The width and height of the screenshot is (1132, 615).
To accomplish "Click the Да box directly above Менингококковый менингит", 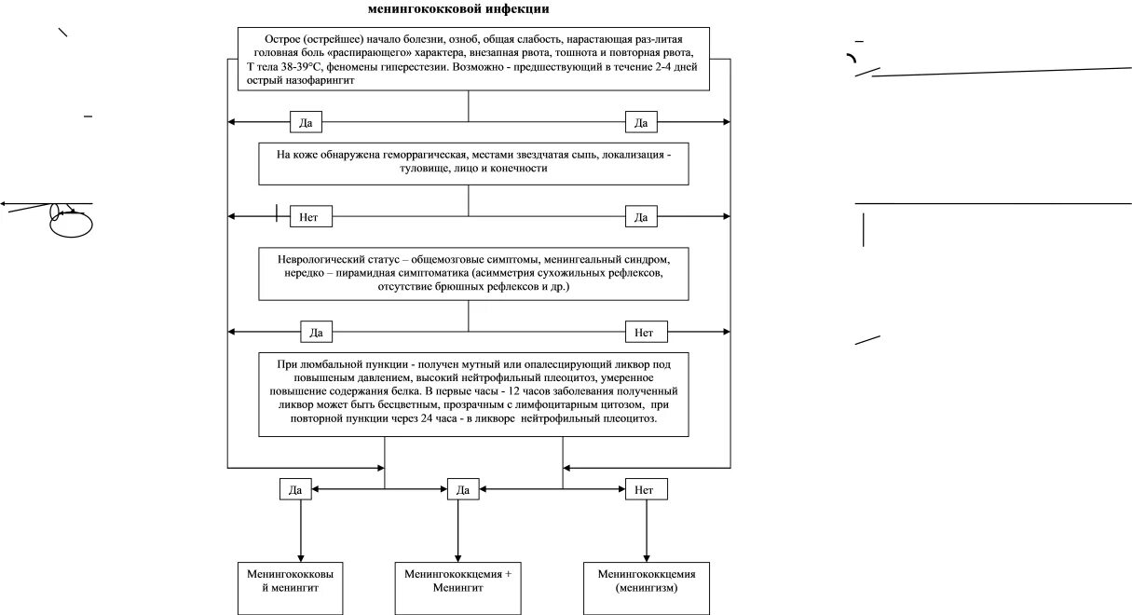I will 295,488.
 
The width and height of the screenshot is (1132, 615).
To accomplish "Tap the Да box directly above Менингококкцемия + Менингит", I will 462,488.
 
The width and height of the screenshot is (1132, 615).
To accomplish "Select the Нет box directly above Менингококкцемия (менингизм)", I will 644,488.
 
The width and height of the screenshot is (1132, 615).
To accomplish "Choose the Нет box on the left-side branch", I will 310,216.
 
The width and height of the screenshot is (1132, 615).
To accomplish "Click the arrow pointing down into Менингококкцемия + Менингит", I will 458,550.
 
